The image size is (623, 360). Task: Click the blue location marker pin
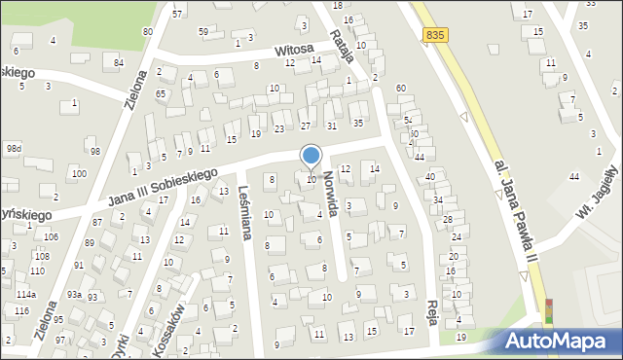pos(311,156)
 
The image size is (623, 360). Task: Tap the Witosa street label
pos(293,49)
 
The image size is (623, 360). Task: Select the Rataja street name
pos(341,44)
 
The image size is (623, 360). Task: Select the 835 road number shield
pos(436,35)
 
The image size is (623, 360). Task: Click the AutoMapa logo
pos(558,342)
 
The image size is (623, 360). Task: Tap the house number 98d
pos(13,149)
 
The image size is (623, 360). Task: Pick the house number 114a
pos(26,294)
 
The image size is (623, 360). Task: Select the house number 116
pos(21,310)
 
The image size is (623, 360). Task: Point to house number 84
pos(119,63)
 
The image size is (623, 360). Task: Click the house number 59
pos(203,32)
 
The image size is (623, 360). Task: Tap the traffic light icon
pos(548,310)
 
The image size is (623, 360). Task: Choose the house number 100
pos(78,173)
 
